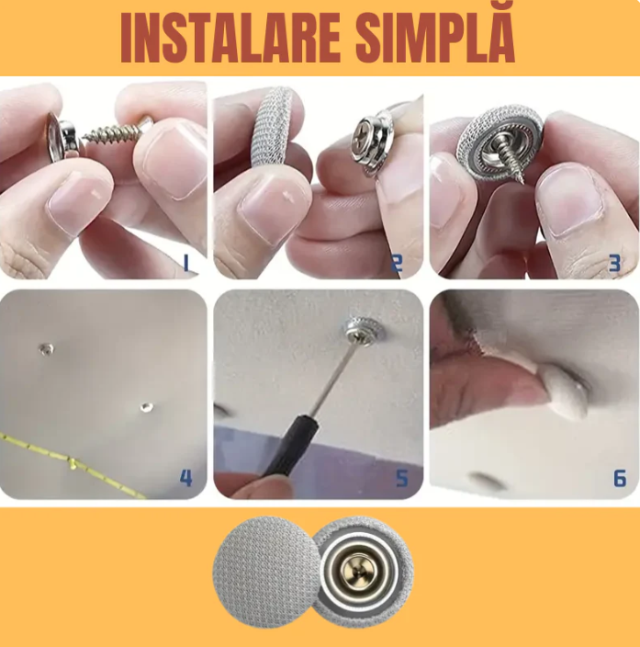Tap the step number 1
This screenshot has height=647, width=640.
[x=186, y=264]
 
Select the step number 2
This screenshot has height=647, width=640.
[x=397, y=264]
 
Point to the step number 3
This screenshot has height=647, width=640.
[x=614, y=264]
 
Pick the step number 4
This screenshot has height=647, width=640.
[x=186, y=478]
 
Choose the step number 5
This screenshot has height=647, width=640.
[x=401, y=478]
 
